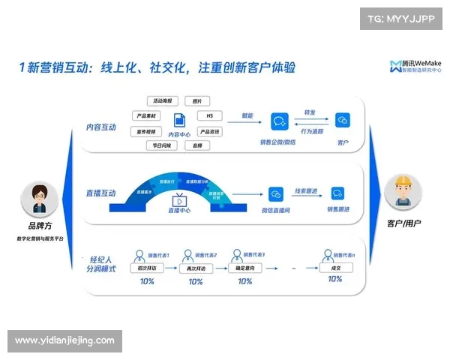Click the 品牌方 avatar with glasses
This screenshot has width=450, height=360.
point(40,199)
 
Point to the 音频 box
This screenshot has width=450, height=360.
point(196,145)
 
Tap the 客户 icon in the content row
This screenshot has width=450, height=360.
point(343,121)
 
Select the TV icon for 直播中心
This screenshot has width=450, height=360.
point(180,200)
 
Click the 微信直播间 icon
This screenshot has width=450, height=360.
point(275,193)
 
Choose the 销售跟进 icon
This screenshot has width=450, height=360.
point(337,193)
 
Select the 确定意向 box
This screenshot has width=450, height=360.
point(244,268)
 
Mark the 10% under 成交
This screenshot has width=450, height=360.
point(334,279)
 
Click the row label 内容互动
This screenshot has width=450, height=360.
point(100,127)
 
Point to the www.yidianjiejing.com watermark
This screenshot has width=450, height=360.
point(64,340)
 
